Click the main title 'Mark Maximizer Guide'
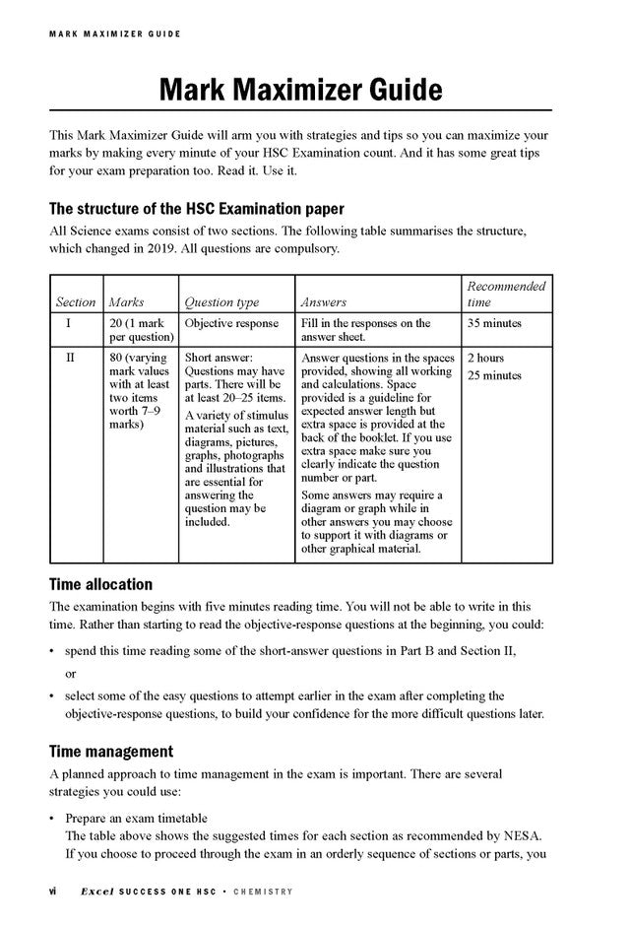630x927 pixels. tap(300, 92)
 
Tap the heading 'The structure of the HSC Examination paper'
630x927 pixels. tap(197, 209)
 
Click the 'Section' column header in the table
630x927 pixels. tap(76, 302)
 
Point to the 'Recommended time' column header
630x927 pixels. tap(506, 294)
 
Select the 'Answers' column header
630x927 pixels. tap(323, 302)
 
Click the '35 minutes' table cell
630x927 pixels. tap(494, 323)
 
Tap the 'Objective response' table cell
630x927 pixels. tap(231, 323)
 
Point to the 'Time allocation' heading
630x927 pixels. tap(100, 584)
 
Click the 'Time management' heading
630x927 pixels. tap(111, 752)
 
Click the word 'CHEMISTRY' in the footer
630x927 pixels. tap(263, 893)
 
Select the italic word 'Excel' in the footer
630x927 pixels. tap(98, 892)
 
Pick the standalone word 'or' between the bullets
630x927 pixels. tap(71, 674)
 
